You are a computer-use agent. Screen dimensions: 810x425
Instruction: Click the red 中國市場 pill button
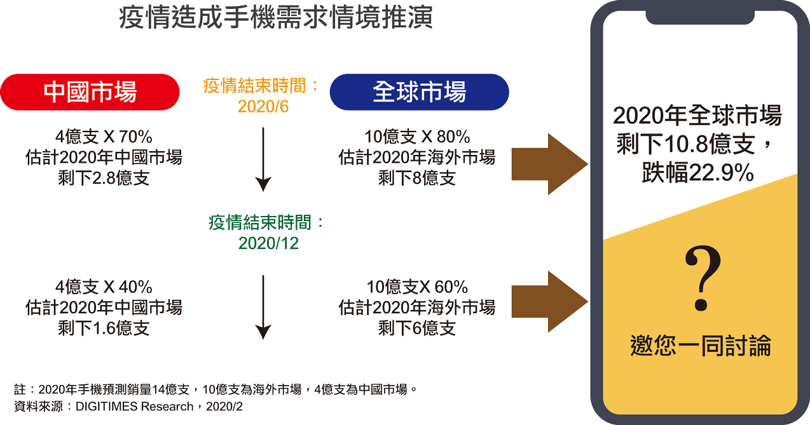90,91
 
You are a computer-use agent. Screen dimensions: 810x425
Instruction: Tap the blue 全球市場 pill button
420,91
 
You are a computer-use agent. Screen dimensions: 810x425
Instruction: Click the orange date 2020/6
263,106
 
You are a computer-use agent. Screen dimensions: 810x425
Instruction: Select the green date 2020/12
268,243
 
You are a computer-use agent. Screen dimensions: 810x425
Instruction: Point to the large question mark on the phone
703,278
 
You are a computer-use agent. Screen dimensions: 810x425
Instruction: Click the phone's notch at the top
700,17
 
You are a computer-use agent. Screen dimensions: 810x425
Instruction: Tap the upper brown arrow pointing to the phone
549,164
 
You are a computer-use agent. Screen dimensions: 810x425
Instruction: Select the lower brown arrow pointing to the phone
549,301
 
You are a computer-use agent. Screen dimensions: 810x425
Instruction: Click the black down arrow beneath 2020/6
263,159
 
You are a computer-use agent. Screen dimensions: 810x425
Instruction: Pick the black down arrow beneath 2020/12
263,307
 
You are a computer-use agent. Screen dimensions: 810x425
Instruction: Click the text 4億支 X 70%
104,137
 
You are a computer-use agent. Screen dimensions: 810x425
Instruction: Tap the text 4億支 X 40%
104,287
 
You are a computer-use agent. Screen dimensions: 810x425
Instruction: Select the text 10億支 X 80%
417,137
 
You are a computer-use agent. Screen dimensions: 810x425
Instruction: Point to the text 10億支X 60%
417,287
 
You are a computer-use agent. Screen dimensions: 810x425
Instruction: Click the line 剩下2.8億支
104,178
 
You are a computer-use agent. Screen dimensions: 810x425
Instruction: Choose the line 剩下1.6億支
104,328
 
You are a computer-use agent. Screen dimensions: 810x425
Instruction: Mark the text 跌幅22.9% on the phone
698,172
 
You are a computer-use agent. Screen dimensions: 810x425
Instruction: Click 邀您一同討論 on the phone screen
701,346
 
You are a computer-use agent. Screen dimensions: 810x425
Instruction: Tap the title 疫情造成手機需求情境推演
275,17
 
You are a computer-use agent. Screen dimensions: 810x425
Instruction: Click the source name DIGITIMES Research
134,407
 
